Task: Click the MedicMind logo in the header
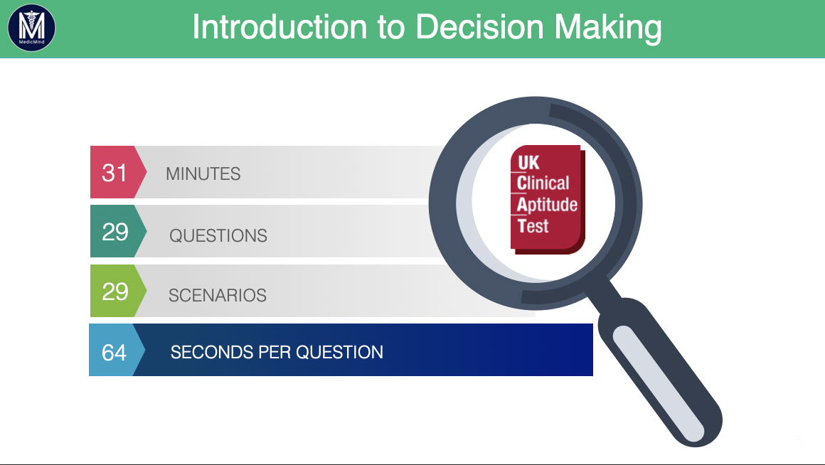click(x=31, y=27)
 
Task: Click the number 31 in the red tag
click(x=115, y=173)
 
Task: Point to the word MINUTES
click(x=203, y=173)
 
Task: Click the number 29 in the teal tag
click(x=115, y=232)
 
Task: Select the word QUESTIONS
click(x=218, y=235)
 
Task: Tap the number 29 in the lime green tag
click(x=115, y=292)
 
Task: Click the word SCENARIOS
click(x=218, y=295)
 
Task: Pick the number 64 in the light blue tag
click(x=115, y=353)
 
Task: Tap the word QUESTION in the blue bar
click(x=339, y=352)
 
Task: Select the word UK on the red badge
click(x=528, y=163)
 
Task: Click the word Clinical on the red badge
click(x=543, y=183)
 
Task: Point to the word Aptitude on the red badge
click(x=547, y=205)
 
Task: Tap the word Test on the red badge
click(x=533, y=225)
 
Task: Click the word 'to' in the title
click(x=391, y=27)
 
